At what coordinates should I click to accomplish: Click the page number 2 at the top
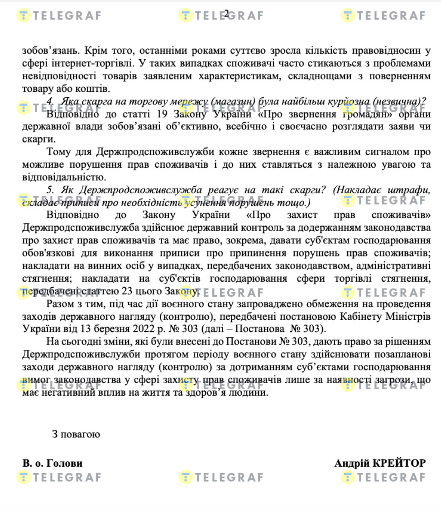(x=226, y=14)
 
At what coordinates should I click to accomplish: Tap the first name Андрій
(x=351, y=463)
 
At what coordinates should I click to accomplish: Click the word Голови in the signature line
(x=68, y=463)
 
